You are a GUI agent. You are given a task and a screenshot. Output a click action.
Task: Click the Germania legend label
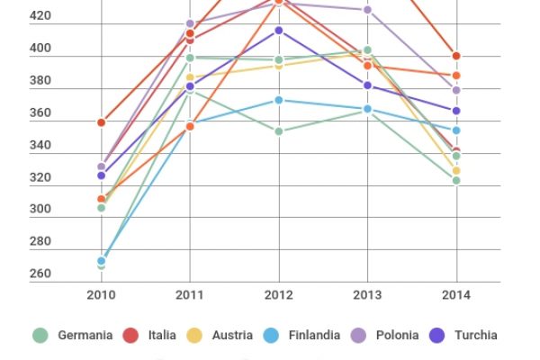pos(85,335)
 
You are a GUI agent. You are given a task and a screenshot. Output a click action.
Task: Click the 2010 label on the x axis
pos(101,293)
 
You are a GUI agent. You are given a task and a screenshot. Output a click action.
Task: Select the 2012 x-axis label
pos(278,293)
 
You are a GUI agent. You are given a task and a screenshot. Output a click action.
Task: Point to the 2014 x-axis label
pos(456,293)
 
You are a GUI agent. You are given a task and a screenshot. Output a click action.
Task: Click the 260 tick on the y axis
pos(40,274)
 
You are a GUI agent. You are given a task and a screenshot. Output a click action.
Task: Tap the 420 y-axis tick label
pos(40,16)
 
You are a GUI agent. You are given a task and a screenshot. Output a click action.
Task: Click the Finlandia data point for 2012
pos(278,100)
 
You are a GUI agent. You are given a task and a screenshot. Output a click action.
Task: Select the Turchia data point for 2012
pos(278,31)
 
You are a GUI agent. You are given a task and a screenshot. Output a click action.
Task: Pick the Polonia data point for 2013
pos(367,10)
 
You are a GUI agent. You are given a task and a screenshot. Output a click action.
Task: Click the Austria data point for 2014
pos(456,170)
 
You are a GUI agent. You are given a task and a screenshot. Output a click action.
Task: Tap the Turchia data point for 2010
pos(101,175)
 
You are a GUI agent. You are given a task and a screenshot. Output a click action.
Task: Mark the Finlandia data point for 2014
pos(456,130)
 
